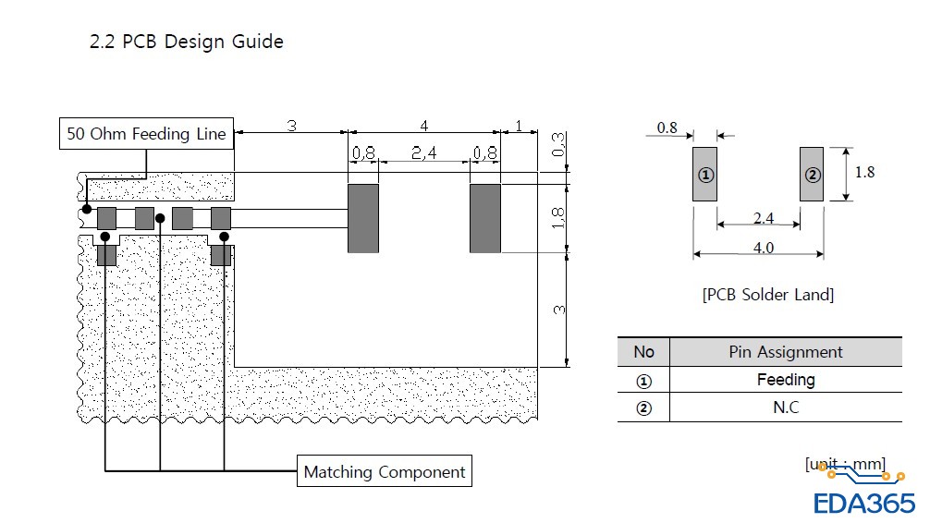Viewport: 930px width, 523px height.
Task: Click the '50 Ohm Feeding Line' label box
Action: click(146, 133)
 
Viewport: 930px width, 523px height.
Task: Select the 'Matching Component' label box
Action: click(385, 471)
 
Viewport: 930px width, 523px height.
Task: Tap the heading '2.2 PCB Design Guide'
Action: click(186, 42)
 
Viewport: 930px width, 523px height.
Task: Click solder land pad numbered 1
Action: click(704, 175)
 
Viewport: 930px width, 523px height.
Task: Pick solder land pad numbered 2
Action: click(812, 175)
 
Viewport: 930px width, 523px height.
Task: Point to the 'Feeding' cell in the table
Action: click(786, 380)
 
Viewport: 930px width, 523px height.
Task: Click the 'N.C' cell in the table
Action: click(786, 407)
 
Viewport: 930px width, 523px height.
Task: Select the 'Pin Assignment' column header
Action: click(786, 352)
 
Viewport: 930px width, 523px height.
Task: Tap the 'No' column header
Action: click(643, 352)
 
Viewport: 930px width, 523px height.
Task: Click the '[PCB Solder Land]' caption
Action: click(768, 295)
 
